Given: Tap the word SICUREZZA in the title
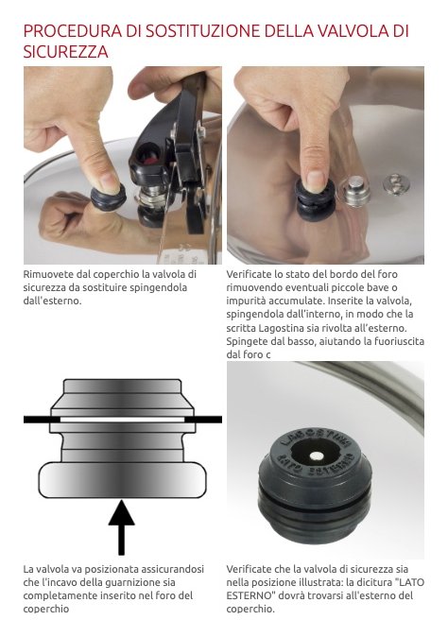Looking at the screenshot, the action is coord(66,52).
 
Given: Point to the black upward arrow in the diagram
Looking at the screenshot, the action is coord(121,527).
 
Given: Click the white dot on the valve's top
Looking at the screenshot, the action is coord(317,456).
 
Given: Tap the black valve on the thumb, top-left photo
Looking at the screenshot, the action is coord(108,198).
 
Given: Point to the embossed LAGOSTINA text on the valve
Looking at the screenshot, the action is coord(316,438).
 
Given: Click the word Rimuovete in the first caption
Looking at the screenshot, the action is coord(48,274).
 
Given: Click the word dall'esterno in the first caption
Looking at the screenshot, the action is coord(52,301).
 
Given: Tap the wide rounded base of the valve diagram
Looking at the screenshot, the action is coord(122,480).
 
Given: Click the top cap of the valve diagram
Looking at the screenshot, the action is coord(122,387).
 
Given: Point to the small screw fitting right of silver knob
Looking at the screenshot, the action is coord(396,183).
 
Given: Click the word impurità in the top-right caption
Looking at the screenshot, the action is coord(245,301).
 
